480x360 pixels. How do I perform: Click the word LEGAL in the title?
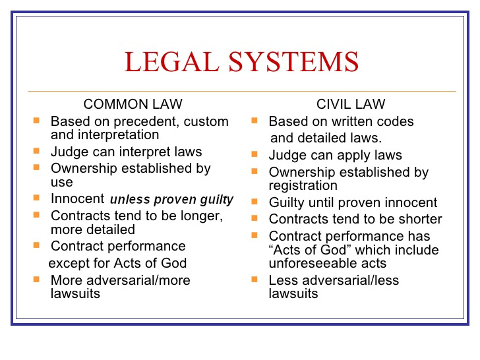[171, 61]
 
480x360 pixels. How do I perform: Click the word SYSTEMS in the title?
[293, 61]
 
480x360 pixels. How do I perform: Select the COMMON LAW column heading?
[133, 104]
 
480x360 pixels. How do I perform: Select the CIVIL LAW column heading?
[351, 104]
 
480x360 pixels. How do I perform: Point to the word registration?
[303, 186]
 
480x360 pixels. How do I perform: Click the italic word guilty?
[217, 200]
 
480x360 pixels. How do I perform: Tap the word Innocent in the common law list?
[78, 198]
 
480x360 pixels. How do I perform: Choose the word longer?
[202, 216]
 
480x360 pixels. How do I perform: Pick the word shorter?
[420, 219]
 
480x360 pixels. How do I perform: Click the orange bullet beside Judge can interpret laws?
[36, 150]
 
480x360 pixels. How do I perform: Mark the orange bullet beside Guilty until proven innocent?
[255, 202]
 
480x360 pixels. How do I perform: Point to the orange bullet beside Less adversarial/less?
[255, 279]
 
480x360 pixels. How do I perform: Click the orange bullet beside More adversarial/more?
[36, 279]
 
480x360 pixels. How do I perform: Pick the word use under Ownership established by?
[62, 183]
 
